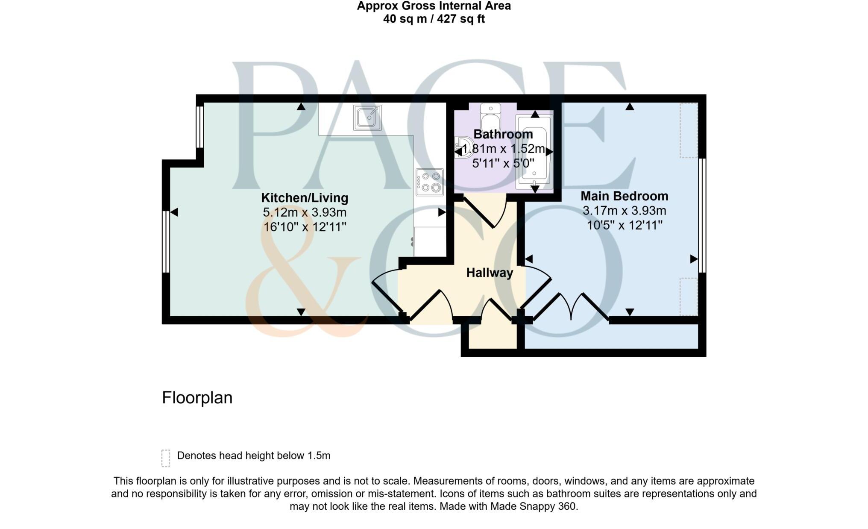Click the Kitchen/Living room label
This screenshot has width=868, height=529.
pyautogui.click(x=305, y=198)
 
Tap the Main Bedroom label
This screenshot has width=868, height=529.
pyautogui.click(x=624, y=196)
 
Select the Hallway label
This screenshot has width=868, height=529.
pyautogui.click(x=490, y=273)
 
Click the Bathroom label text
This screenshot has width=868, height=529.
pyautogui.click(x=503, y=134)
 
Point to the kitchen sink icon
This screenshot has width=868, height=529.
pyautogui.click(x=367, y=118)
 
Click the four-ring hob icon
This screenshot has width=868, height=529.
pyautogui.click(x=430, y=182)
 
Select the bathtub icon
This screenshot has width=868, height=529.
pyautogui.click(x=534, y=152)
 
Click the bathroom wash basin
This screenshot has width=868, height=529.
pyautogui.click(x=463, y=147)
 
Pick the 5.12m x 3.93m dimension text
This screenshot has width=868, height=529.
pyautogui.click(x=305, y=212)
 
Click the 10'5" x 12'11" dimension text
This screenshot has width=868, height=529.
pyautogui.click(x=624, y=225)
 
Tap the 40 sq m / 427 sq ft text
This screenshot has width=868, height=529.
pyautogui.click(x=434, y=19)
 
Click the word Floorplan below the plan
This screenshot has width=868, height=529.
pyautogui.click(x=197, y=398)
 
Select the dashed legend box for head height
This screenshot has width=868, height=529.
pyautogui.click(x=166, y=458)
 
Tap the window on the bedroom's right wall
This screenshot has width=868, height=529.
pyautogui.click(x=702, y=215)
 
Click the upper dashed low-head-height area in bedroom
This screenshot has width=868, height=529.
pyautogui.click(x=689, y=130)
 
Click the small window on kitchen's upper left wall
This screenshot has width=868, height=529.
pyautogui.click(x=199, y=126)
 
